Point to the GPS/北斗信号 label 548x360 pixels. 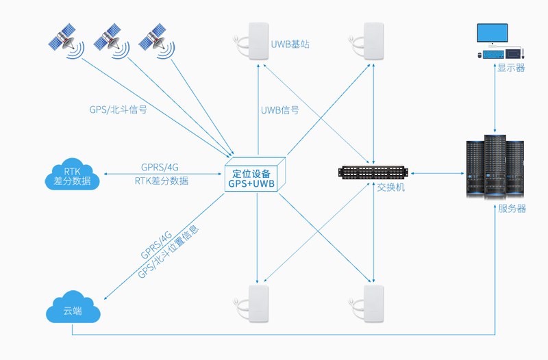(x=118, y=109)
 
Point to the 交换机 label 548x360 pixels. (x=391, y=187)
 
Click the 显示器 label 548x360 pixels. (x=511, y=68)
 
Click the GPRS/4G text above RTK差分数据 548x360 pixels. (x=160, y=167)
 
